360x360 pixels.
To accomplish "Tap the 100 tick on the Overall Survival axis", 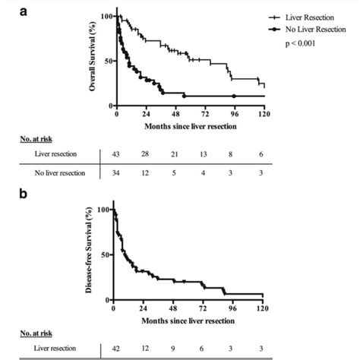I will click(106, 17).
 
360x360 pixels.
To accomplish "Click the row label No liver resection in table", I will click(55, 173).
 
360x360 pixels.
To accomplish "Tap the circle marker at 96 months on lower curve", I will click(234, 96).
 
